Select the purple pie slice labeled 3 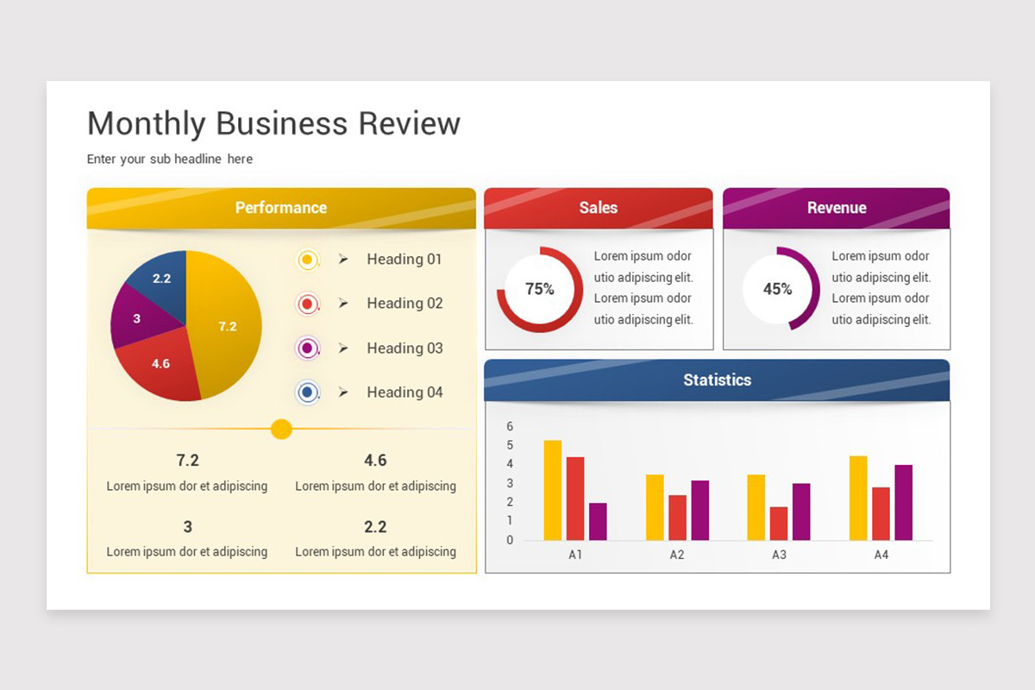pos(139,317)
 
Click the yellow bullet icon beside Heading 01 pos(307,260)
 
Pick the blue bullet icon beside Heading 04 pos(307,392)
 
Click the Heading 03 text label pos(405,348)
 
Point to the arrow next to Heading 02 pos(343,304)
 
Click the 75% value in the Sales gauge pos(539,289)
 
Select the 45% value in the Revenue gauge pos(778,289)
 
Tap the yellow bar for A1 pos(553,490)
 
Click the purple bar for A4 pos(903,502)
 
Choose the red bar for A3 pos(779,524)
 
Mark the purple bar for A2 pos(700,511)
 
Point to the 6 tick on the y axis pos(510,426)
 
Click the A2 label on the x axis pos(677,555)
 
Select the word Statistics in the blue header pos(717,379)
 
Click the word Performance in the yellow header pos(281,208)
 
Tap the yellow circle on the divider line pos(281,429)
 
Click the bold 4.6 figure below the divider pos(375,461)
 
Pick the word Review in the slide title pos(410,123)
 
